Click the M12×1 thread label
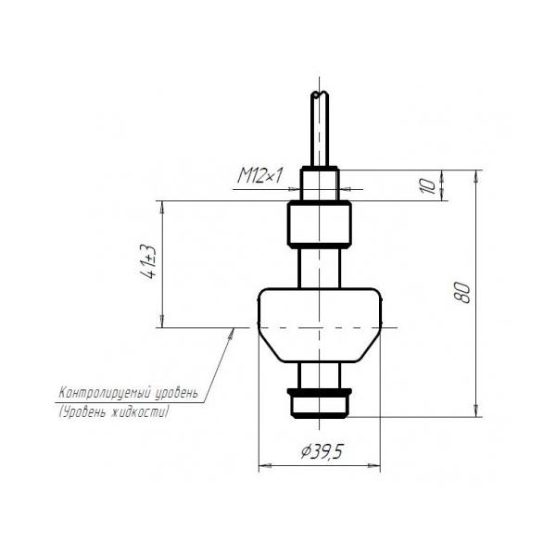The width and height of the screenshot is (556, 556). point(260,176)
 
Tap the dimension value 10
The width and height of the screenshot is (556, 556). point(427,186)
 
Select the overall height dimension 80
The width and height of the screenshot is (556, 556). point(462,293)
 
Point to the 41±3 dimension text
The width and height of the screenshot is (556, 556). point(149,261)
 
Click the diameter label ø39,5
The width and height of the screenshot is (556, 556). point(322,451)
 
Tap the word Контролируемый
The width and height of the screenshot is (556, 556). point(105,394)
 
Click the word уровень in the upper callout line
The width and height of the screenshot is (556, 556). point(176,394)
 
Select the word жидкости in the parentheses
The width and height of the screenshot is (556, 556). point(139,412)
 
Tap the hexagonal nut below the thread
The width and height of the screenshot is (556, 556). point(320,224)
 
